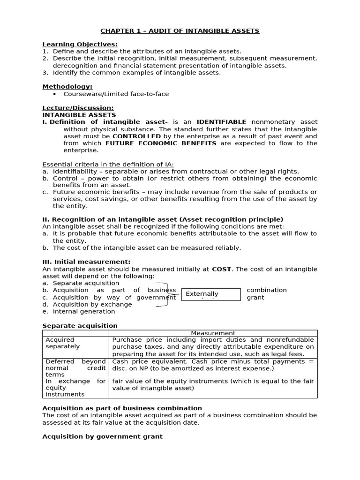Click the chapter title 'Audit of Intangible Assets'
tap(180, 31)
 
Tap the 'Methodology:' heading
tap(67, 87)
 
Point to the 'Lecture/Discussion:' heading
tap(78, 108)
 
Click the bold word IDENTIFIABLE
tap(221, 122)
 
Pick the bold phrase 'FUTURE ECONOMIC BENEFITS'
tap(161, 143)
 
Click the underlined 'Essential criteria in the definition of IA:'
tap(108, 164)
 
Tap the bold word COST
tap(221, 269)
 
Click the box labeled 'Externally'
tap(210, 294)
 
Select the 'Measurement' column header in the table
tap(213, 333)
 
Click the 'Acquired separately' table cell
tap(75, 343)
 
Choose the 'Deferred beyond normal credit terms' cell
tap(75, 368)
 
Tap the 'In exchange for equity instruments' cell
tap(75, 388)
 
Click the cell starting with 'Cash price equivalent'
tap(213, 365)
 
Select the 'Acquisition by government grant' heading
tap(102, 436)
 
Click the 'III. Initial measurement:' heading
tap(86, 262)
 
